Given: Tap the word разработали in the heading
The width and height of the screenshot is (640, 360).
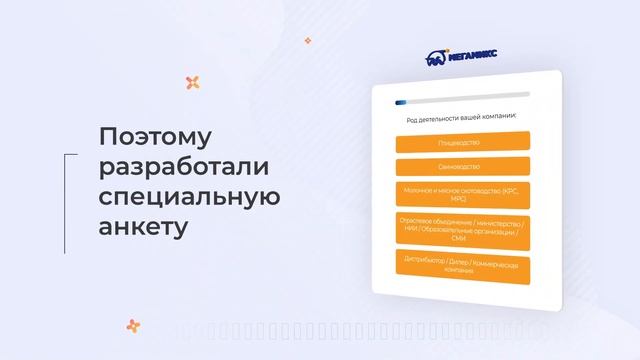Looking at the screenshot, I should [x=185, y=166].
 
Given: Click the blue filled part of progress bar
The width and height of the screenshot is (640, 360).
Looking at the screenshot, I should [x=401, y=101].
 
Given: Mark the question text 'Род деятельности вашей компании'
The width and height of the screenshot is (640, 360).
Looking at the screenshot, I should [x=459, y=117].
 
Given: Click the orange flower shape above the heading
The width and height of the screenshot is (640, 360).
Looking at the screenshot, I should [x=193, y=83].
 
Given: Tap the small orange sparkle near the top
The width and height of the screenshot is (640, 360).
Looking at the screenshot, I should [x=308, y=41].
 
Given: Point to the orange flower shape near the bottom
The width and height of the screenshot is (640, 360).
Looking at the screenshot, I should [x=133, y=325].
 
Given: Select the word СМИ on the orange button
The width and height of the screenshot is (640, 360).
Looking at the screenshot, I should [x=459, y=238].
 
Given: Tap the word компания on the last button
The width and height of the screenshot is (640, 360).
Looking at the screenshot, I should [x=459, y=271].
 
